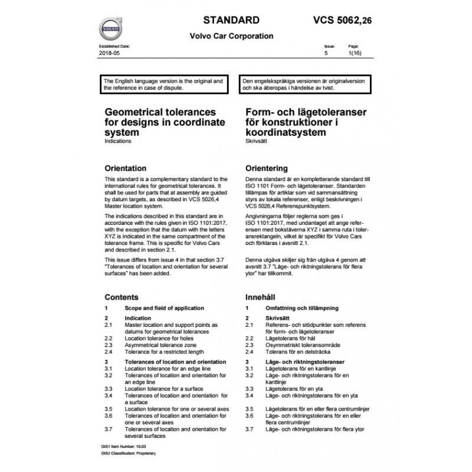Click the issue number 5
click(326, 53)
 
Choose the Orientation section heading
click(124, 168)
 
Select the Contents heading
click(122, 297)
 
